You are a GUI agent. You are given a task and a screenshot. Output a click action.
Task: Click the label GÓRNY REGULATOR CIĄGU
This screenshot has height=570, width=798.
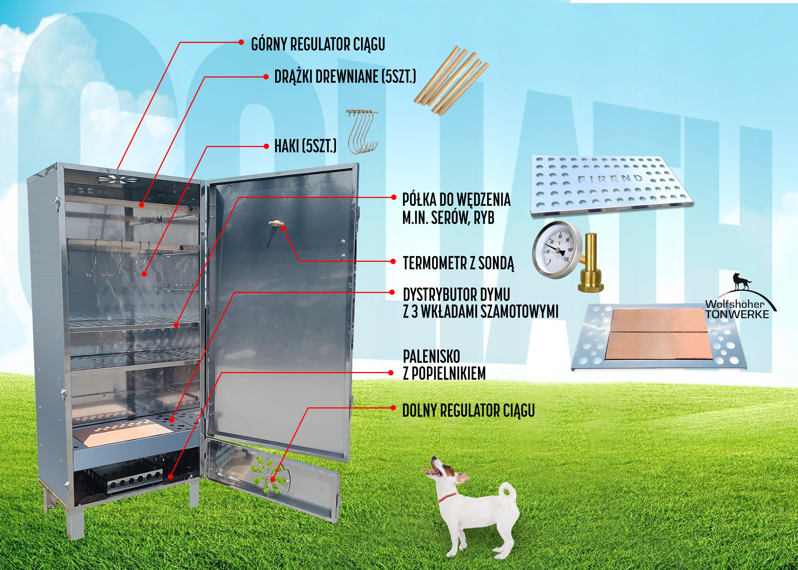(x=318, y=44)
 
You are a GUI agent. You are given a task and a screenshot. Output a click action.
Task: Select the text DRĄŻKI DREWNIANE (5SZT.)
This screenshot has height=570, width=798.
(x=345, y=77)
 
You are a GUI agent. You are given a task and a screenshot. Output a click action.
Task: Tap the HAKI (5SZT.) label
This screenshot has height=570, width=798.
(x=305, y=146)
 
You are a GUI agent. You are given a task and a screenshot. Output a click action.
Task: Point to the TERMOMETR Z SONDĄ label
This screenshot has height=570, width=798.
(x=458, y=263)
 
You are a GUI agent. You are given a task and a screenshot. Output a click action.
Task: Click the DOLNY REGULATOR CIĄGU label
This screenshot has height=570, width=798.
(x=468, y=410)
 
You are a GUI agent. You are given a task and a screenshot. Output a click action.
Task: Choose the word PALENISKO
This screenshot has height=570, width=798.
(x=432, y=356)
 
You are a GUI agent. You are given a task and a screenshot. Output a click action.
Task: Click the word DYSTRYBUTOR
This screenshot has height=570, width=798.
(x=435, y=295)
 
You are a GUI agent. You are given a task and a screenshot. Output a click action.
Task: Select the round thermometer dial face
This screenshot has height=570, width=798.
(x=556, y=248)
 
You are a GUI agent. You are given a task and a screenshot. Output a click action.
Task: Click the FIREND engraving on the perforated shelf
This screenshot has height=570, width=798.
(x=610, y=179)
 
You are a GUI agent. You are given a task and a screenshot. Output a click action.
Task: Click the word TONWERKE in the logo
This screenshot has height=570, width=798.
(x=737, y=314)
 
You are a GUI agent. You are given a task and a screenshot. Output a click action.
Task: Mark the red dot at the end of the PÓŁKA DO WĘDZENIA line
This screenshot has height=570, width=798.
(x=394, y=197)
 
